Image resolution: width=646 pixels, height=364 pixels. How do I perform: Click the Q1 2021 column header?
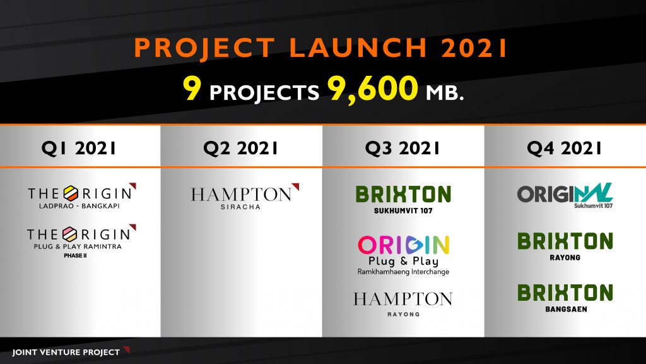[79, 148]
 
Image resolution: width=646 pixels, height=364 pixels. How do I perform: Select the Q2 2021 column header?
[240, 148]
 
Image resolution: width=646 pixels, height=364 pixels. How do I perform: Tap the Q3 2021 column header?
[402, 148]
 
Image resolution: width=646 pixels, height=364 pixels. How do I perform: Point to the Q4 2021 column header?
[565, 148]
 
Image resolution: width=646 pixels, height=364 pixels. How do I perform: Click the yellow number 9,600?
[372, 88]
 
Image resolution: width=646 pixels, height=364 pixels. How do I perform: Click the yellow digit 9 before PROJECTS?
[192, 88]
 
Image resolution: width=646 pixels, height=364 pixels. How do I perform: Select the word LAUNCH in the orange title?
[358, 48]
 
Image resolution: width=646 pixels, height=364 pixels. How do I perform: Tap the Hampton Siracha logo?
[245, 197]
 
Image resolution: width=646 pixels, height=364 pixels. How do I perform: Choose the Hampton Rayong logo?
[403, 304]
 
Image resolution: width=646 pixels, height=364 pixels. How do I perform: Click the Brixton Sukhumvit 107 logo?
[403, 200]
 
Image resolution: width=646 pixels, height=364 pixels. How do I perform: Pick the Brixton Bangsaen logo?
[565, 298]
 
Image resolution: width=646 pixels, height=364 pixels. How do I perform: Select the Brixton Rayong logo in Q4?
[565, 246]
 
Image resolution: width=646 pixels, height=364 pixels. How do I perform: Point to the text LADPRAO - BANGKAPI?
[79, 206]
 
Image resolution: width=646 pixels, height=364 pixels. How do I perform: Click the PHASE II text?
[76, 255]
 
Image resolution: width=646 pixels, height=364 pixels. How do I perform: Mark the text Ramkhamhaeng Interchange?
[403, 272]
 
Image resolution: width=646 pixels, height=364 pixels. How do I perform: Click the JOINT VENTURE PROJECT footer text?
[66, 353]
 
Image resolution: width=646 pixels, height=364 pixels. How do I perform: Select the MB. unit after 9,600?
[445, 93]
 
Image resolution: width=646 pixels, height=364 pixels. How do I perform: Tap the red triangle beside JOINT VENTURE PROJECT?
[127, 349]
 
